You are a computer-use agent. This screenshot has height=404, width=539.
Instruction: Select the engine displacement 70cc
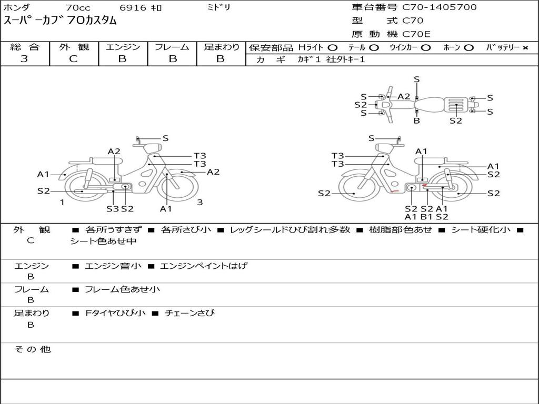pos(78,7)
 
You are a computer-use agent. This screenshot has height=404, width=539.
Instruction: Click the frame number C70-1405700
pos(440,7)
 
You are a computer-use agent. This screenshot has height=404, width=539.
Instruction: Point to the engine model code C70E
pos(416,34)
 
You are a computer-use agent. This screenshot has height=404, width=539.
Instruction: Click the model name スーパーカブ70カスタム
pos(60,21)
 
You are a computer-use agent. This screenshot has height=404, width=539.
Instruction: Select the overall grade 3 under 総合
pos(24,59)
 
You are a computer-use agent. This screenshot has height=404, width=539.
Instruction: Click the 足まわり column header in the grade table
pos(221,47)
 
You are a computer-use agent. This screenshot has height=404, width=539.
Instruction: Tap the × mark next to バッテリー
pos(525,48)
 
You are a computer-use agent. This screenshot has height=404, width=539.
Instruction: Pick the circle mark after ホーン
pos(469,48)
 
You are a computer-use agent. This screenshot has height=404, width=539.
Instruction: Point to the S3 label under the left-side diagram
pos(113,208)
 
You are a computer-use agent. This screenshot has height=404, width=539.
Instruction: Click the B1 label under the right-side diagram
pos(426,216)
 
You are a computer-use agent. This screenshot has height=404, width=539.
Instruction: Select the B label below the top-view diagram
pos(417,120)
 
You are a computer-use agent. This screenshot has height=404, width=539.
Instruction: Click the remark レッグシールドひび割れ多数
pos(290,230)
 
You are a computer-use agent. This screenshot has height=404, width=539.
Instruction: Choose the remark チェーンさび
pos(189,314)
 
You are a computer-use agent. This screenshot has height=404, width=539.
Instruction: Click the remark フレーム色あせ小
pos(122,289)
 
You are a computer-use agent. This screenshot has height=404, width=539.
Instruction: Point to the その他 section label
pos(32,349)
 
